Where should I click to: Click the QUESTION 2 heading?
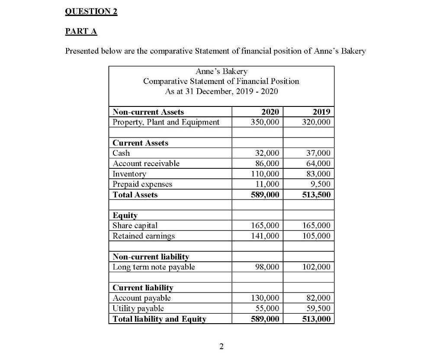pyautogui.click(x=91, y=12)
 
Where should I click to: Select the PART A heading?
pyautogui.click(x=81, y=31)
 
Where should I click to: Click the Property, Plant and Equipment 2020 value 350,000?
pyautogui.click(x=265, y=122)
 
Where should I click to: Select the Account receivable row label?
pyautogui.click(x=146, y=164)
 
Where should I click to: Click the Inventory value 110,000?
pyautogui.click(x=265, y=174)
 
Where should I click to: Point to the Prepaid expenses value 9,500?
pyautogui.click(x=320, y=184)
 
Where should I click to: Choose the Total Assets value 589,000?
pyautogui.click(x=265, y=195)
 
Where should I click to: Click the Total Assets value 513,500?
pyautogui.click(x=316, y=195)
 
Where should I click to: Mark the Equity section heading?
pyautogui.click(x=125, y=215)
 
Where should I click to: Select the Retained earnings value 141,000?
pyautogui.click(x=265, y=236)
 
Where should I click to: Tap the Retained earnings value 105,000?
pyautogui.click(x=316, y=236)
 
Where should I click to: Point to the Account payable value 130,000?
pyautogui.click(x=265, y=298)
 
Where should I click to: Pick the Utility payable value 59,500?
pyautogui.click(x=318, y=309)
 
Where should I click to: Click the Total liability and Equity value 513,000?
pyautogui.click(x=316, y=319)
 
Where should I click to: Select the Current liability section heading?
pyautogui.click(x=143, y=288)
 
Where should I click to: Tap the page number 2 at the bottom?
pyautogui.click(x=221, y=346)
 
